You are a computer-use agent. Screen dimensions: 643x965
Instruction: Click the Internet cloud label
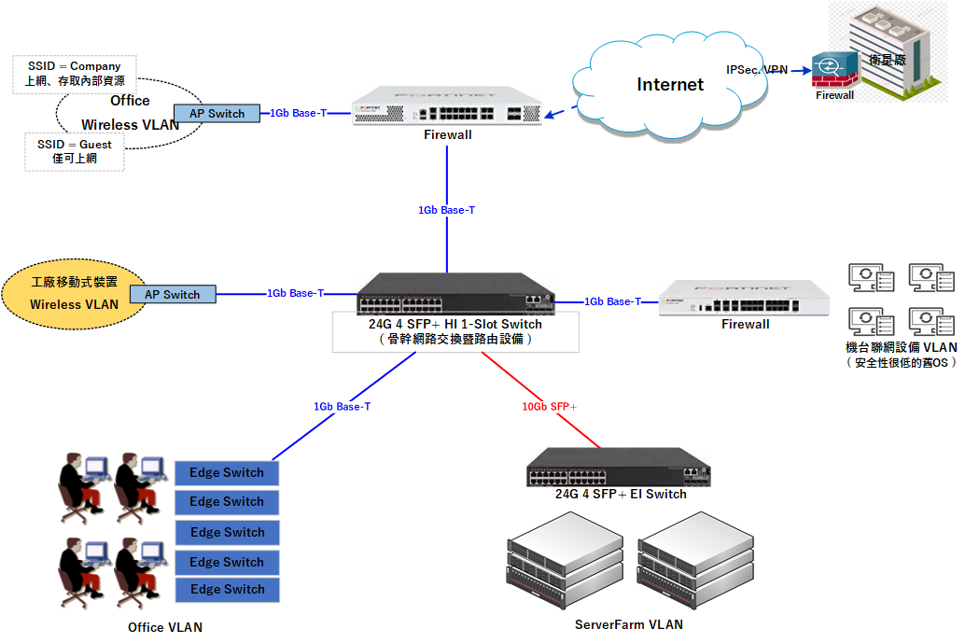670,85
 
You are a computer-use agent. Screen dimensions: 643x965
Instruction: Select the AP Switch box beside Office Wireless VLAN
217,114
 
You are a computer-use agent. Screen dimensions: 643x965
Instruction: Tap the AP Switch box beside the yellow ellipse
173,294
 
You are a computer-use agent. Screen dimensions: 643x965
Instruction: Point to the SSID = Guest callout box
75,152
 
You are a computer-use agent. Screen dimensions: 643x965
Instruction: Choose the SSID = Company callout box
75,74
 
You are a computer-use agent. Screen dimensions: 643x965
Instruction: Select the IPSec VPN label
757,70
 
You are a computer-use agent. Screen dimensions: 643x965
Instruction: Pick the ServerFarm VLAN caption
628,624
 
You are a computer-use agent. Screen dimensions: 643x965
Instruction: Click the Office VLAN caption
165,627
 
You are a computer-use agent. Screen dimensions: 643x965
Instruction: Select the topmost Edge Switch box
227,473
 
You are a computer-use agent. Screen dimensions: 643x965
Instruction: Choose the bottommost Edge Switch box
227,590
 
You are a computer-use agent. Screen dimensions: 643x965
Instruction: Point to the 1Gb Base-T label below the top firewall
446,210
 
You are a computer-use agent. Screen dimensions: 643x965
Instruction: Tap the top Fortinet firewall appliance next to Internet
448,106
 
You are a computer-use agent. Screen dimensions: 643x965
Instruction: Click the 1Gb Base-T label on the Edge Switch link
342,407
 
